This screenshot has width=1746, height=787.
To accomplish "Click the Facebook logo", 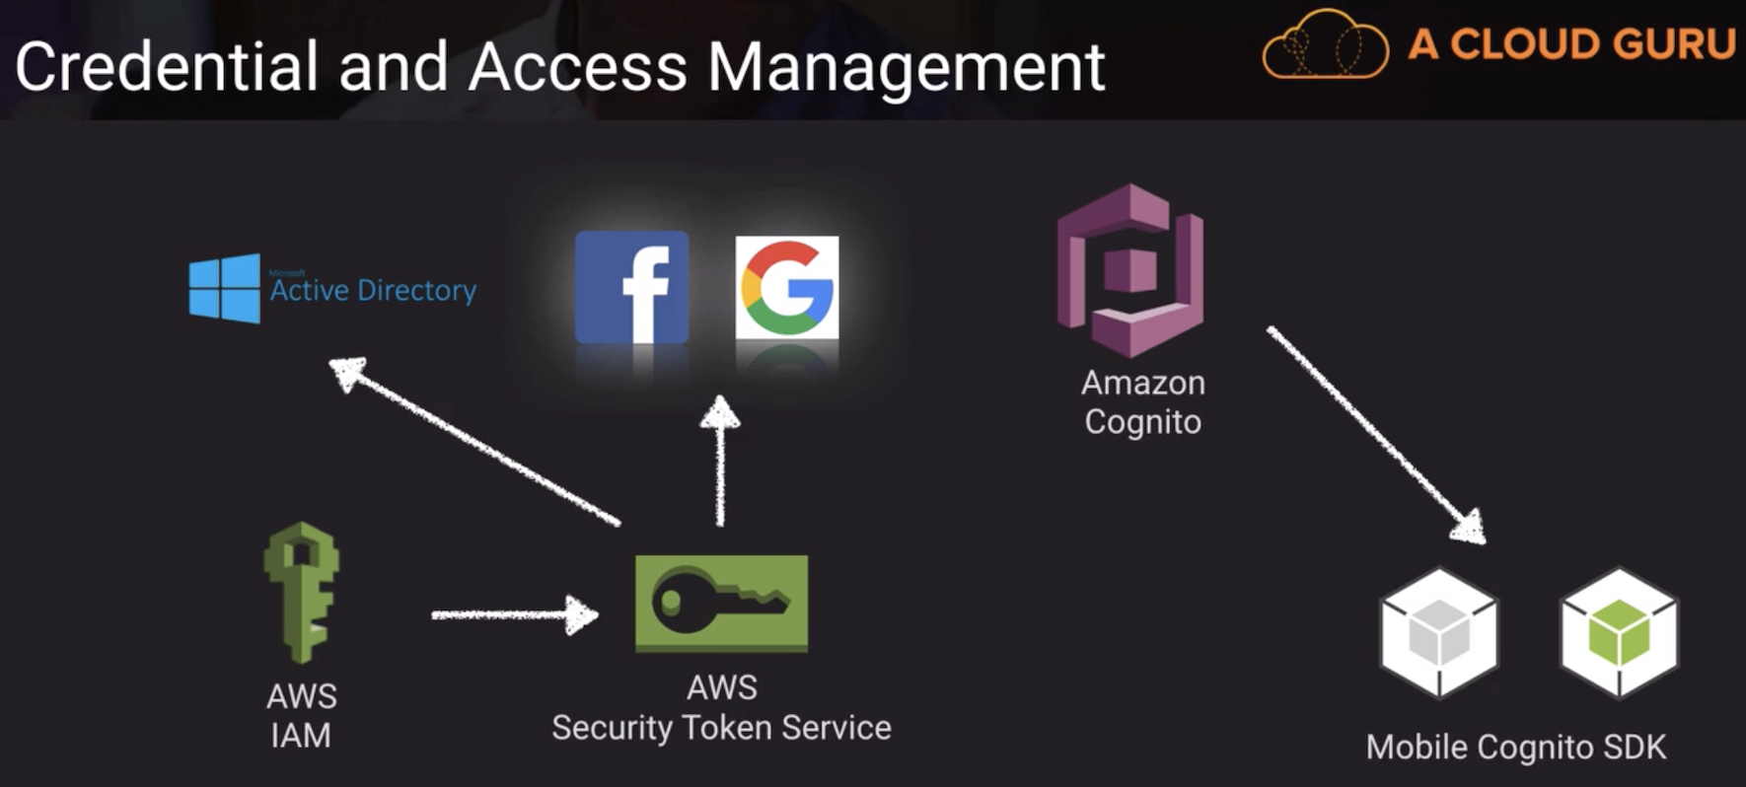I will (x=631, y=287).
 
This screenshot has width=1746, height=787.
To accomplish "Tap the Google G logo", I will (x=787, y=287).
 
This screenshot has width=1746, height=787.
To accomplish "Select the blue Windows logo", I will (x=225, y=288).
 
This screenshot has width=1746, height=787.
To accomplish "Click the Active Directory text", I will (x=373, y=290).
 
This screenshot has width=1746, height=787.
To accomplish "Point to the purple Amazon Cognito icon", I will (x=1130, y=270).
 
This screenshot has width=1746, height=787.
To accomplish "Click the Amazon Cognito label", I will (x=1143, y=402).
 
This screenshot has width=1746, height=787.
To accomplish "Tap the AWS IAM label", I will (x=302, y=716).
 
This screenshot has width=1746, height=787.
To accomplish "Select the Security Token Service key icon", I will (x=721, y=603).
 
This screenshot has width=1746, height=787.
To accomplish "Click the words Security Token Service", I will (x=721, y=728).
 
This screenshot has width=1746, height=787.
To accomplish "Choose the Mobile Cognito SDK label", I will (x=1516, y=748).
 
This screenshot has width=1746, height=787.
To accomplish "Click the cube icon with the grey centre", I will (x=1439, y=632).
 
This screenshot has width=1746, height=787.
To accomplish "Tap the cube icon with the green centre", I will (x=1619, y=632).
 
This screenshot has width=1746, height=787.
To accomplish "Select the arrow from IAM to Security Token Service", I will (x=514, y=615).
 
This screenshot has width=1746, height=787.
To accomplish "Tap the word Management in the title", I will (x=907, y=67).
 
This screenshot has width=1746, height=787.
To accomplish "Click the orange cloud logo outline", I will (x=1325, y=45).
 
